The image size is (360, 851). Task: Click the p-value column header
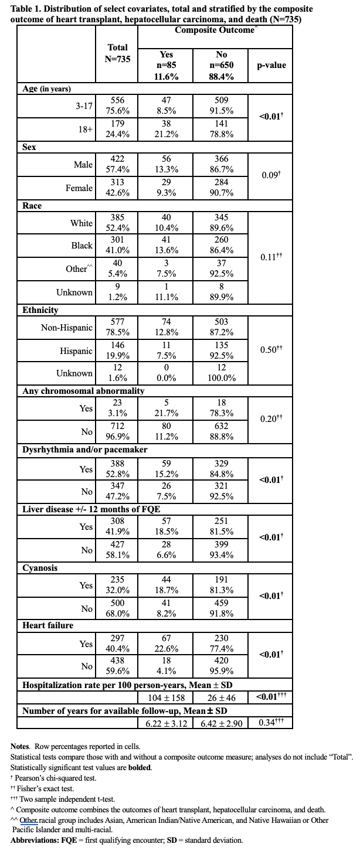tap(271, 65)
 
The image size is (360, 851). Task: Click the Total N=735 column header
tap(118, 53)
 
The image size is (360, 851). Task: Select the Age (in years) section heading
tap(47, 88)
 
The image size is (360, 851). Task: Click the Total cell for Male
tap(118, 165)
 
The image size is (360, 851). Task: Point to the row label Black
tap(81, 246)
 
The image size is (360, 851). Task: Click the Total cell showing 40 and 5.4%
tap(118, 269)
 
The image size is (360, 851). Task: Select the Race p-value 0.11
tap(271, 256)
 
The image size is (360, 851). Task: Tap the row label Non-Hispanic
tap(67, 328)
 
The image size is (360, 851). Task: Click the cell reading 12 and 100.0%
tap(222, 373)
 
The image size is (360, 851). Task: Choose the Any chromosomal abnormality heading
tap(83, 391)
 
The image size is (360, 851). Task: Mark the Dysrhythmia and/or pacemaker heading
tap(84, 450)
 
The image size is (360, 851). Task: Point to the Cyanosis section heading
tap(40, 568)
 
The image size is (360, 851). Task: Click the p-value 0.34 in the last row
tap(271, 722)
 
